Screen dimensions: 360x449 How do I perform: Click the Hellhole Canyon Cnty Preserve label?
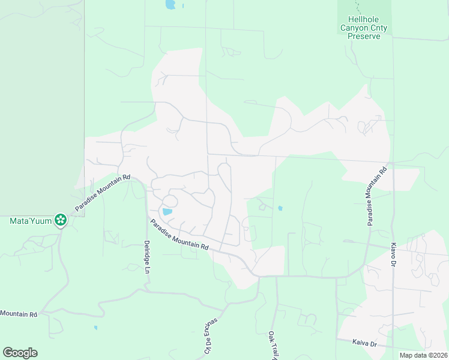(x=364, y=28)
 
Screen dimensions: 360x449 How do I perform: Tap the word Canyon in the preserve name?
(x=354, y=28)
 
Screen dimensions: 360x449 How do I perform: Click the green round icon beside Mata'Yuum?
(x=60, y=221)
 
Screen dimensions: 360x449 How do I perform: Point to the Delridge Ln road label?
(x=146, y=257)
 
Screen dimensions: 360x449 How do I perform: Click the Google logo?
(x=20, y=353)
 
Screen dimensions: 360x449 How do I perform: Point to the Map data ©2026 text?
(x=423, y=355)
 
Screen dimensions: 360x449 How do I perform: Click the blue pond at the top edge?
(x=170, y=5)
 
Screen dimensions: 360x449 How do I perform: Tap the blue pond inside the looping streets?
(x=167, y=211)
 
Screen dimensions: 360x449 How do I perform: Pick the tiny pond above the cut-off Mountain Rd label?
(x=95, y=328)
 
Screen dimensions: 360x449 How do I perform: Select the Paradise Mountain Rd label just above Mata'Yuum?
(x=103, y=193)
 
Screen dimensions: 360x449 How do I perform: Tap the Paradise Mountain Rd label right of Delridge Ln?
(x=179, y=235)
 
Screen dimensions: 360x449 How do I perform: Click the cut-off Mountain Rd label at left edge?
(x=19, y=314)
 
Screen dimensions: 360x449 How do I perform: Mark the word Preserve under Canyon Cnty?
(x=364, y=36)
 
